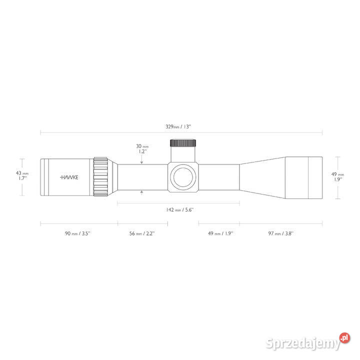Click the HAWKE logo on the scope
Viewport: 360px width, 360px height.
(69, 177)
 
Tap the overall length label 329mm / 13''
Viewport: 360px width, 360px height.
(178, 126)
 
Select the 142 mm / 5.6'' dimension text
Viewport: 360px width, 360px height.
(180, 209)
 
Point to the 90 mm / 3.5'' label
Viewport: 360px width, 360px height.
(77, 233)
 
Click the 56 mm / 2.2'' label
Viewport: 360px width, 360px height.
(142, 233)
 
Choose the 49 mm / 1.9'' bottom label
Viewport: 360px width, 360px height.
(220, 233)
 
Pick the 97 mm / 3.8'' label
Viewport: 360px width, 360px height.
(281, 233)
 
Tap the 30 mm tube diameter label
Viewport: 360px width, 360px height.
(142, 149)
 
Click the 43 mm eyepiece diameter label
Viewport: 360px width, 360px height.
(22, 175)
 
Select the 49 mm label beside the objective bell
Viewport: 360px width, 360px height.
(337, 177)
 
